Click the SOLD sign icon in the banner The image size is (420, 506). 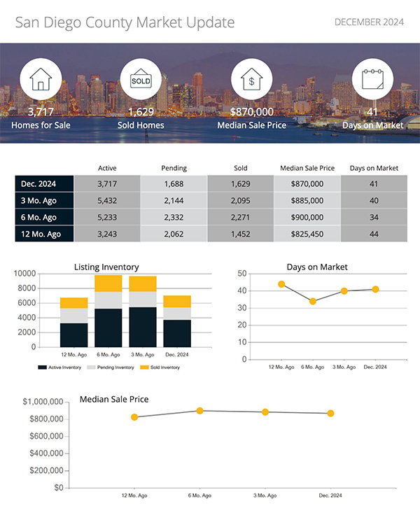pyautogui.click(x=141, y=80)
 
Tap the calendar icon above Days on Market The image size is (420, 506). pyautogui.click(x=372, y=80)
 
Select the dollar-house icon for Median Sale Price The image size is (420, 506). pyautogui.click(x=252, y=80)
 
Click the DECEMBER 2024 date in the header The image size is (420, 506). pyautogui.click(x=369, y=22)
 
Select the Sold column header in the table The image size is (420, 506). pyautogui.click(x=240, y=168)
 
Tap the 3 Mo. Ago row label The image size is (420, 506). pyautogui.click(x=44, y=200)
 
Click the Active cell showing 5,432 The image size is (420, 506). pyautogui.click(x=106, y=200)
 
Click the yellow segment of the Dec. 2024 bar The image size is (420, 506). pyautogui.click(x=177, y=302)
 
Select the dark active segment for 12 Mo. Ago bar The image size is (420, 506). pyautogui.click(x=73, y=335)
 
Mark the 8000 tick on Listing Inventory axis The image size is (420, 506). pyautogui.click(x=45, y=288)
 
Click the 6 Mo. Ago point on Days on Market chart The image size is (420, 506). pyautogui.click(x=313, y=301)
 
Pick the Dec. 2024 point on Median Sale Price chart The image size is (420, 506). pyautogui.click(x=330, y=414)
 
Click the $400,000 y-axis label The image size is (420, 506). pyautogui.click(x=43, y=453)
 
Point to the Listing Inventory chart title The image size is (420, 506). pyautogui.click(x=106, y=267)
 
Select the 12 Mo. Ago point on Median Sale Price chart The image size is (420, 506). pyautogui.click(x=134, y=417)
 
